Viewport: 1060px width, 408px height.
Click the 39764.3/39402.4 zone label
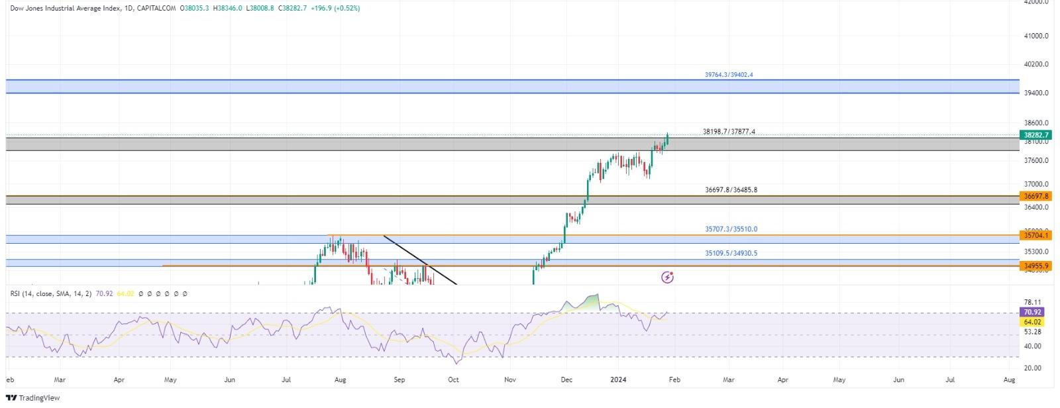[729, 75]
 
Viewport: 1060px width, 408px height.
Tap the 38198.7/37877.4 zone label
[729, 132]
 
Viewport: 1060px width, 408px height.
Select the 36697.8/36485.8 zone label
[731, 190]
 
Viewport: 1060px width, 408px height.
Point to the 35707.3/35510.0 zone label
[731, 229]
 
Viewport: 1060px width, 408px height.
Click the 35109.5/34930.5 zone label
[731, 253]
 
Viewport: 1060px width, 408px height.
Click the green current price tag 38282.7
[1035, 135]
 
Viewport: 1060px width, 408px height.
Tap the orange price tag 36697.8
[1035, 196]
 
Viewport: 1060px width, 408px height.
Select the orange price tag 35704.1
[1035, 235]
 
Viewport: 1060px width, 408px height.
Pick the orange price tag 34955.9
[1035, 266]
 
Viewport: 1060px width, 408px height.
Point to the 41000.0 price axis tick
[1036, 36]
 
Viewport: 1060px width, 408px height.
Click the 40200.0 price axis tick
[1036, 64]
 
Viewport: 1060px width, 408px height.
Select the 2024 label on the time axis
[618, 380]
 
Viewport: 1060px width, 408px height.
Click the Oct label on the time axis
[453, 380]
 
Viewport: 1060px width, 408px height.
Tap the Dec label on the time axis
[566, 380]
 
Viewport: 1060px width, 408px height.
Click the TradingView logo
[32, 397]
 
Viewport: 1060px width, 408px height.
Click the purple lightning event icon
[668, 278]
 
